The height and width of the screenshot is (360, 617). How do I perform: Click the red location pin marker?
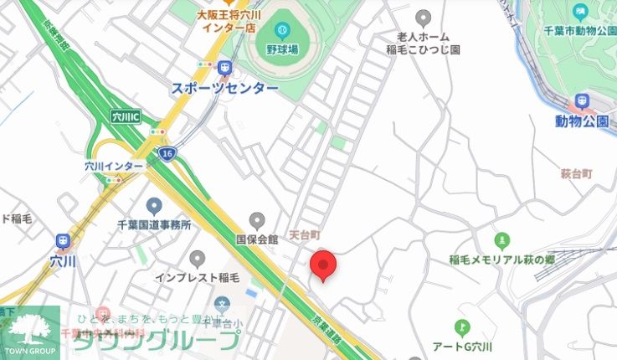coord(323,265)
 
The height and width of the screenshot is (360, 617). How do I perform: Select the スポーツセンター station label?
coord(224,88)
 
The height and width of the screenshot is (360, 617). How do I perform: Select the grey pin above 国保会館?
coord(257,220)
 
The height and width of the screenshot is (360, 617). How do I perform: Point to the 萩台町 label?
coord(577,173)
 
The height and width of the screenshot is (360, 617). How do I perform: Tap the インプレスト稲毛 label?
coord(198,276)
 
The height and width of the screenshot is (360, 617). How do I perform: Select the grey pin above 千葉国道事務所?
coord(154,206)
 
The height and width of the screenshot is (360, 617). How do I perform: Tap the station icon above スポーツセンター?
coord(224,68)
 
